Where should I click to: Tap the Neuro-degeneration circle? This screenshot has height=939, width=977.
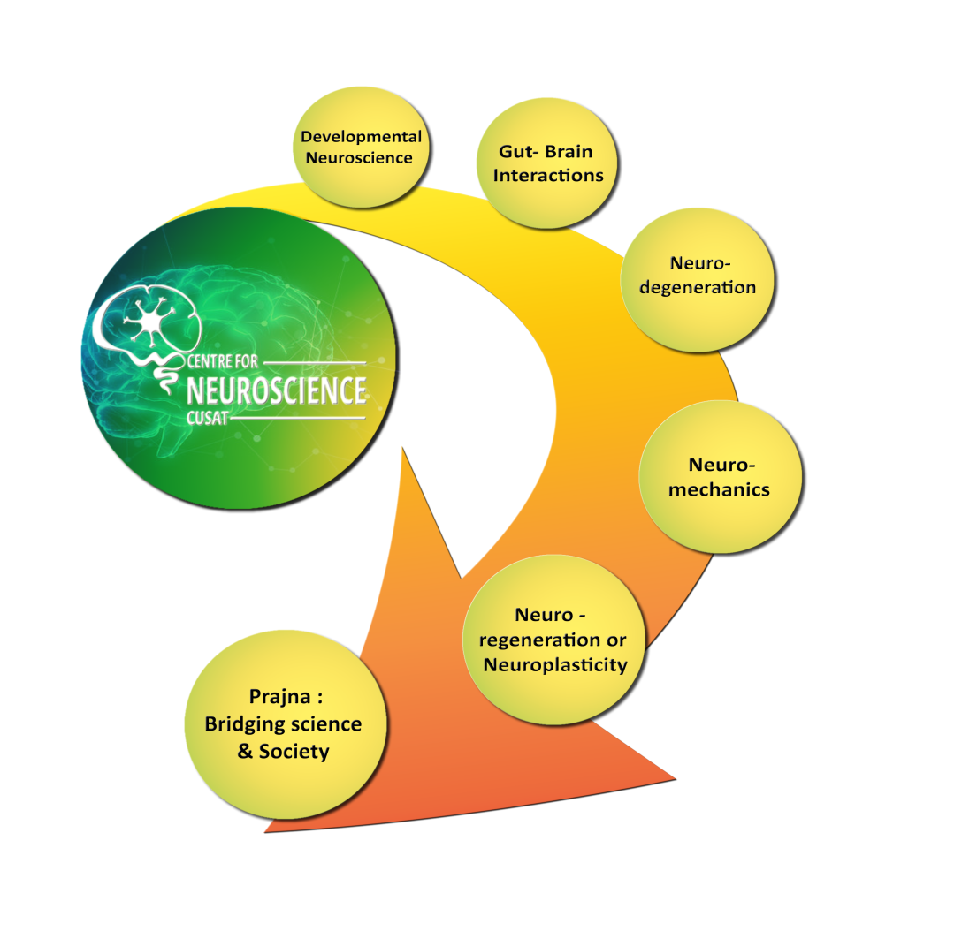pos(698,276)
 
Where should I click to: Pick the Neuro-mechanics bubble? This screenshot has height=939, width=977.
pos(720,477)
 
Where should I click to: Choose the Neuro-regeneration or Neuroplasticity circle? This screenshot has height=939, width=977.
pos(554,640)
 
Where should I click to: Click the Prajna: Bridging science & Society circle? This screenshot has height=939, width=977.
pos(283,724)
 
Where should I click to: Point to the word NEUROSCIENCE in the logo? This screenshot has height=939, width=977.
pos(277,390)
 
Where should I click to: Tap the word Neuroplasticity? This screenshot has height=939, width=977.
pos(555,664)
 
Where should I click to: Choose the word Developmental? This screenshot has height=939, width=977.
pos(362,137)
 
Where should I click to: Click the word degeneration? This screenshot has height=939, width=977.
pos(698,287)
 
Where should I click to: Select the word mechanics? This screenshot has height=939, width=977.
pos(720,488)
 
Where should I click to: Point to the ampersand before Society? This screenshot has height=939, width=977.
pos(246,752)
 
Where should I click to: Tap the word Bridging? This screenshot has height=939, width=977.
pos(244,724)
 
